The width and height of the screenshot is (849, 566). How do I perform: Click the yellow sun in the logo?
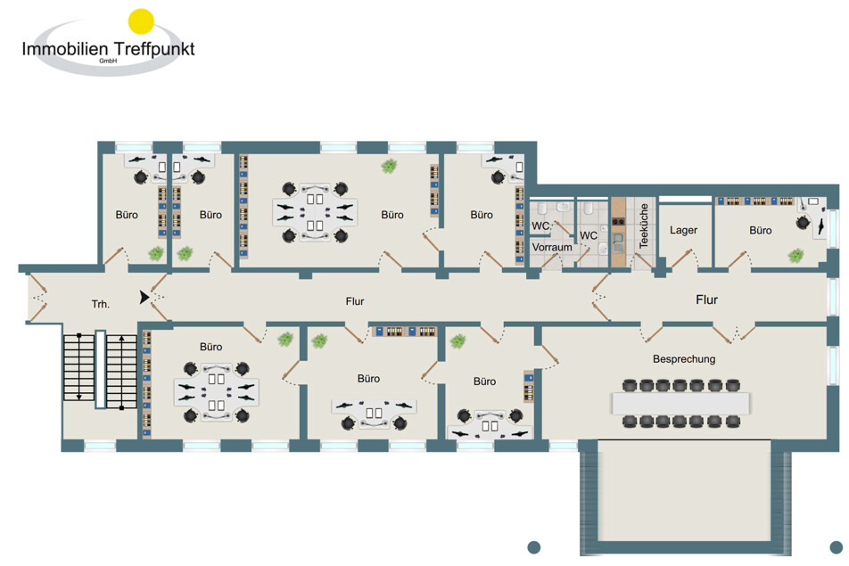(x=141, y=21)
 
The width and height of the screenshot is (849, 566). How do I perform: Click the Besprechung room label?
(x=684, y=359)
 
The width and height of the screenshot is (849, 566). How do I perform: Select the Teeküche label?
(x=644, y=226)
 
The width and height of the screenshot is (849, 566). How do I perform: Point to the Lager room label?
(x=683, y=230)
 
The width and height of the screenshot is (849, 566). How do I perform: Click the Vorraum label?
(x=552, y=247)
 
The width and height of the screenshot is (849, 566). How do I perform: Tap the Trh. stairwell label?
(x=100, y=304)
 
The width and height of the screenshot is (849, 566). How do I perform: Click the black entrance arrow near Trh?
(x=144, y=297)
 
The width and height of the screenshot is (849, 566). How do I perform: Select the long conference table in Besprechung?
(x=680, y=403)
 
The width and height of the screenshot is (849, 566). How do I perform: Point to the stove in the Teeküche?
(x=618, y=221)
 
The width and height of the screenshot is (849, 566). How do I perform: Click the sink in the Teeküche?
(x=618, y=242)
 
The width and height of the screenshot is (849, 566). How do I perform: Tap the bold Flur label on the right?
(x=706, y=299)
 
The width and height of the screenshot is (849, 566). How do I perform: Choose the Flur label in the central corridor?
(x=355, y=301)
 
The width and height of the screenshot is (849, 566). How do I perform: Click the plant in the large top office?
(x=389, y=166)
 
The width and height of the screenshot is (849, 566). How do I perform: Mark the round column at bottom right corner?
(x=836, y=547)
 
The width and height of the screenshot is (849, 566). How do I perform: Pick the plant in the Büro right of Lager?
(x=795, y=256)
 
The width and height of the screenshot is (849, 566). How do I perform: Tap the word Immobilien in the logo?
(x=65, y=49)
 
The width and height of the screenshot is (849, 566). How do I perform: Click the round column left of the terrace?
(x=534, y=547)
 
